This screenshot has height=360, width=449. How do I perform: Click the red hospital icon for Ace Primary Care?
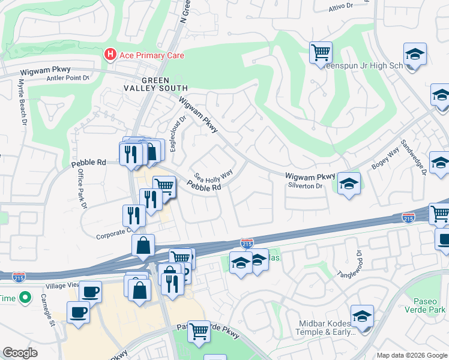(110, 55)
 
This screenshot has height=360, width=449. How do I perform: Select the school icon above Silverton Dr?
(348, 184)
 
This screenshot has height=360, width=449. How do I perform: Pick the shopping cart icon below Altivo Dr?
(321, 52)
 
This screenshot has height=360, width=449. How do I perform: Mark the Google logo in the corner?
(20, 353)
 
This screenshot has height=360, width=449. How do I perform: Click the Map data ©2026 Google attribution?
(411, 355)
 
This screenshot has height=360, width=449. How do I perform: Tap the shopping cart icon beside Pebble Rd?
(163, 186)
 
